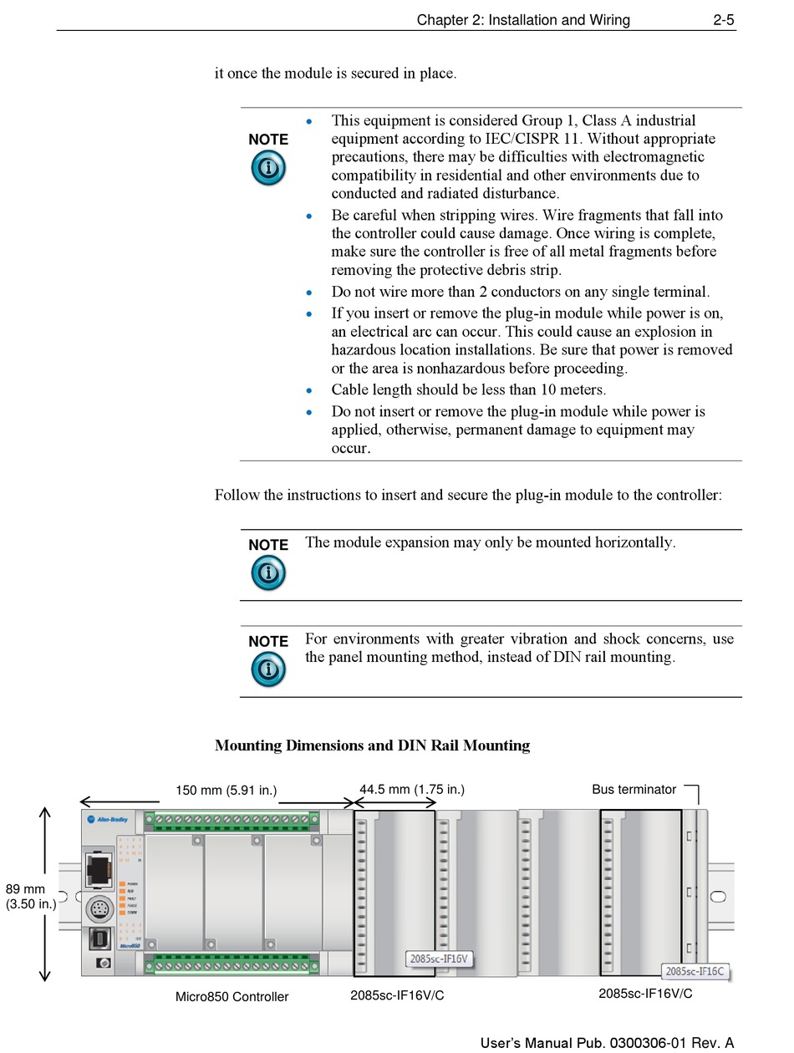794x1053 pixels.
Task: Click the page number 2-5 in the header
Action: pyautogui.click(x=724, y=20)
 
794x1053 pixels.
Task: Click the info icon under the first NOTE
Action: pyautogui.click(x=267, y=168)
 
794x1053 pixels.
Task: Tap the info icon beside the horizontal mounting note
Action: pyautogui.click(x=267, y=573)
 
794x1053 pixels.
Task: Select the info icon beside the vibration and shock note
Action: pyautogui.click(x=267, y=669)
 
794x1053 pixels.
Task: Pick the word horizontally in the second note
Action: pyautogui.click(x=634, y=542)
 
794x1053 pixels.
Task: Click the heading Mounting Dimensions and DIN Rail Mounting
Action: pyautogui.click(x=372, y=745)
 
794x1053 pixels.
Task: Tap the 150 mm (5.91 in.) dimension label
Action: pyautogui.click(x=226, y=791)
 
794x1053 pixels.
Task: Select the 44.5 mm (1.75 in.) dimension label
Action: pyautogui.click(x=411, y=789)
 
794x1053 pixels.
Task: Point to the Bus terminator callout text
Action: pyautogui.click(x=634, y=789)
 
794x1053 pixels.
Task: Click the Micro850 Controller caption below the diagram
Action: pyautogui.click(x=232, y=997)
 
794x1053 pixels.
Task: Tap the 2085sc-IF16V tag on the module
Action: pyautogui.click(x=438, y=959)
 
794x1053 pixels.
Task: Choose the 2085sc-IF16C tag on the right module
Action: pyautogui.click(x=696, y=971)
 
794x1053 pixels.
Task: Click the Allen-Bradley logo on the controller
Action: pyautogui.click(x=108, y=820)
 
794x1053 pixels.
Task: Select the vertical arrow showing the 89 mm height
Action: pyautogui.click(x=45, y=893)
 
